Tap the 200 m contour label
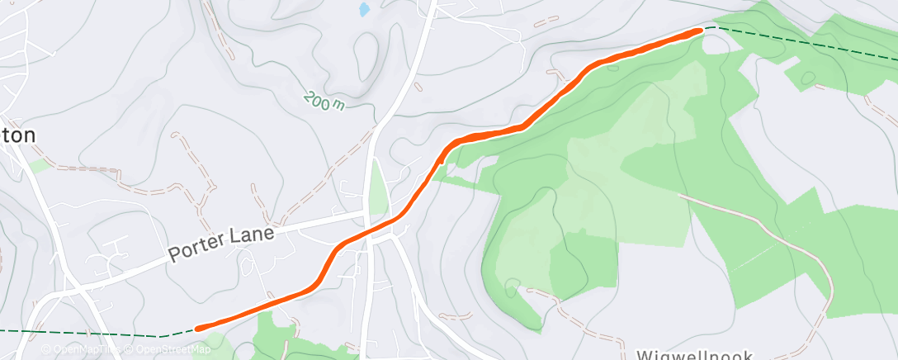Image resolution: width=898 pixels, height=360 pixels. tap(324, 102)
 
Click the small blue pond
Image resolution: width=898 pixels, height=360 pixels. tap(364, 10)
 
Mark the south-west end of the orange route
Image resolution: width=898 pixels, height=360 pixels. tap(199, 328)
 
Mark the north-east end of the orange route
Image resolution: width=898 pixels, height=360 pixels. tap(700, 30)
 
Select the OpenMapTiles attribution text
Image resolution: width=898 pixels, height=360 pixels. tap(83, 349)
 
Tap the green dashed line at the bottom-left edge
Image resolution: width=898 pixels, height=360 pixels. tap(83, 333)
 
